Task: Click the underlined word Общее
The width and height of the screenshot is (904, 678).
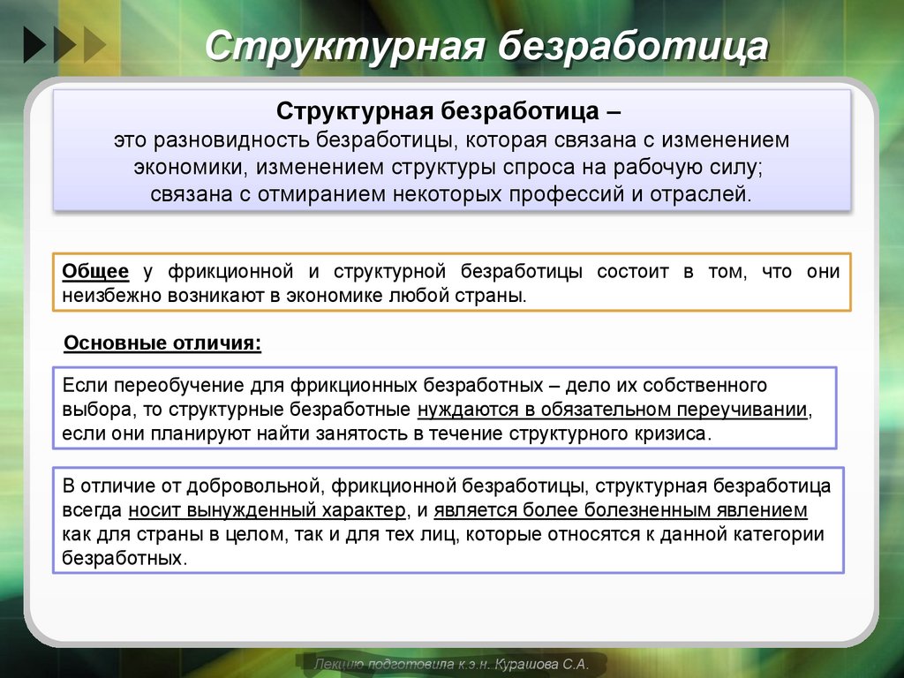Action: (x=95, y=272)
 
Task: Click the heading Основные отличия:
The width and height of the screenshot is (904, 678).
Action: (x=163, y=342)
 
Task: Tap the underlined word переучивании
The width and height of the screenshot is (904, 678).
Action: (x=742, y=411)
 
